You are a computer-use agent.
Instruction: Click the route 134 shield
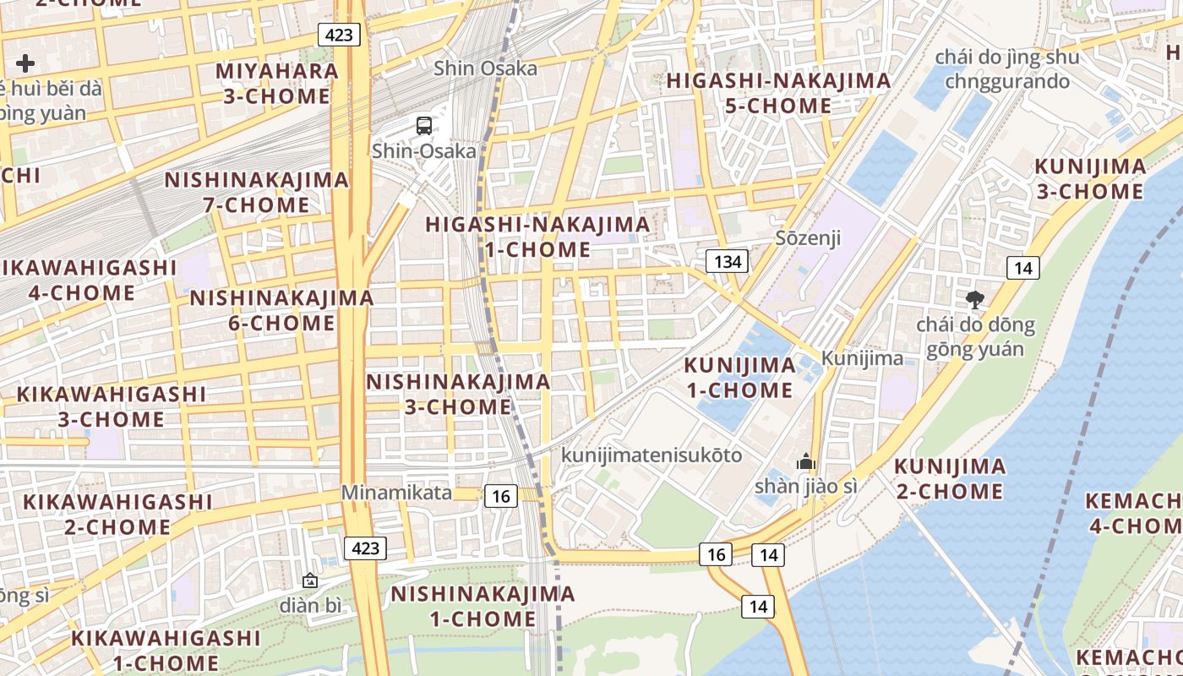728,261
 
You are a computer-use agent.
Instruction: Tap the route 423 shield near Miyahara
340,35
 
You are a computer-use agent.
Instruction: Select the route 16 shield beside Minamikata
500,496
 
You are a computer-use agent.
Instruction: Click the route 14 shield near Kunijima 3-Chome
1022,269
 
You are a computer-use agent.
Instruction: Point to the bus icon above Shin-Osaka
424,126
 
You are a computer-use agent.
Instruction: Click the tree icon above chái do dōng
975,299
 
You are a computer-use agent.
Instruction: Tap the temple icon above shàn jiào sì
806,461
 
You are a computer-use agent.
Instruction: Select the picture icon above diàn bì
310,581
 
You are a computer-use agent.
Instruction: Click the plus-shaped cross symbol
25,63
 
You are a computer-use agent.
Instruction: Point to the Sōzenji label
809,237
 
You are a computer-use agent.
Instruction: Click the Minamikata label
396,493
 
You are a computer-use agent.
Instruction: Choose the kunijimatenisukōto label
651,455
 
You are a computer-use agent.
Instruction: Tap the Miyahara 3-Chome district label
277,83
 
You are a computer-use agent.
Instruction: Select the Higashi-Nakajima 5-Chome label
778,93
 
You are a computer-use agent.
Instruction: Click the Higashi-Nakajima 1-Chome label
538,237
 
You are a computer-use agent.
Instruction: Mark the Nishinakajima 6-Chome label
281,310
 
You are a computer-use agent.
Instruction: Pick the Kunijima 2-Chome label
950,478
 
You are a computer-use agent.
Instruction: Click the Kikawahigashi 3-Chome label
112,406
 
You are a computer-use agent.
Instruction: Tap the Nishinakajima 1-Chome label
482,606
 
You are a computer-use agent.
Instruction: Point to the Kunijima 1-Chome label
739,378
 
